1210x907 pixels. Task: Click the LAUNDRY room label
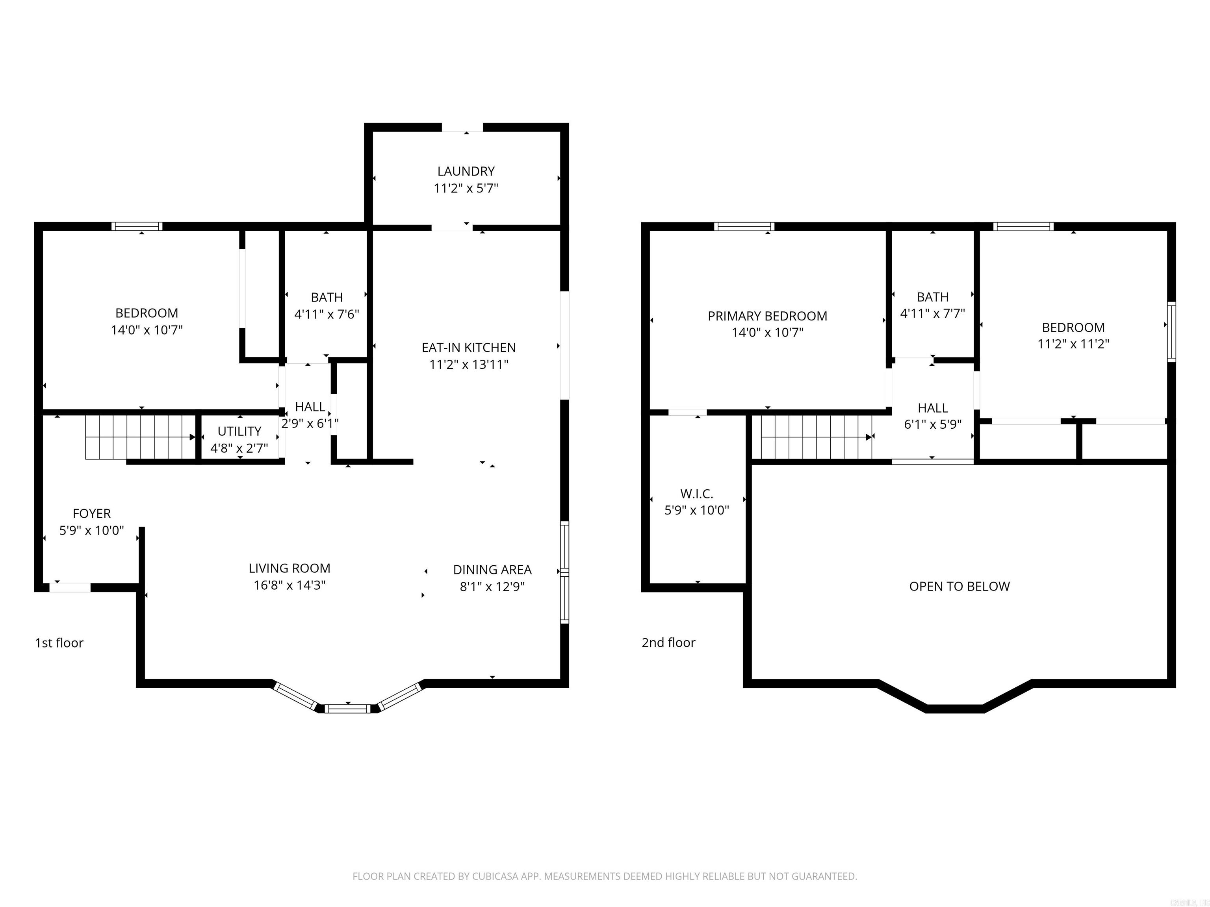pyautogui.click(x=466, y=171)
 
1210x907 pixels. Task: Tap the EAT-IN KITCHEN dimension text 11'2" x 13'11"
pyautogui.click(x=469, y=365)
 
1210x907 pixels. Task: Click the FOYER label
pyautogui.click(x=91, y=513)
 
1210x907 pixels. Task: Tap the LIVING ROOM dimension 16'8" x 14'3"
pyautogui.click(x=290, y=585)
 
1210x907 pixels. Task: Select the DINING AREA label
pyautogui.click(x=492, y=570)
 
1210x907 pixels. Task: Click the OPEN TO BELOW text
pyautogui.click(x=959, y=587)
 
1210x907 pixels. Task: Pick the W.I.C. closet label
pyautogui.click(x=696, y=494)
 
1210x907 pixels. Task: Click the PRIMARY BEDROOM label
pyautogui.click(x=767, y=316)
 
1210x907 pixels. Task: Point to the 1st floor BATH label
pyautogui.click(x=327, y=298)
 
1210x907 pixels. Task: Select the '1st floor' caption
pyautogui.click(x=59, y=643)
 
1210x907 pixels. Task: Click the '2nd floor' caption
pyautogui.click(x=668, y=643)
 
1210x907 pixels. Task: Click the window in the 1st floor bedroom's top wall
pyautogui.click(x=137, y=226)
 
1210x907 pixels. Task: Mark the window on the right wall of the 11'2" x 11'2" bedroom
pyautogui.click(x=1171, y=332)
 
